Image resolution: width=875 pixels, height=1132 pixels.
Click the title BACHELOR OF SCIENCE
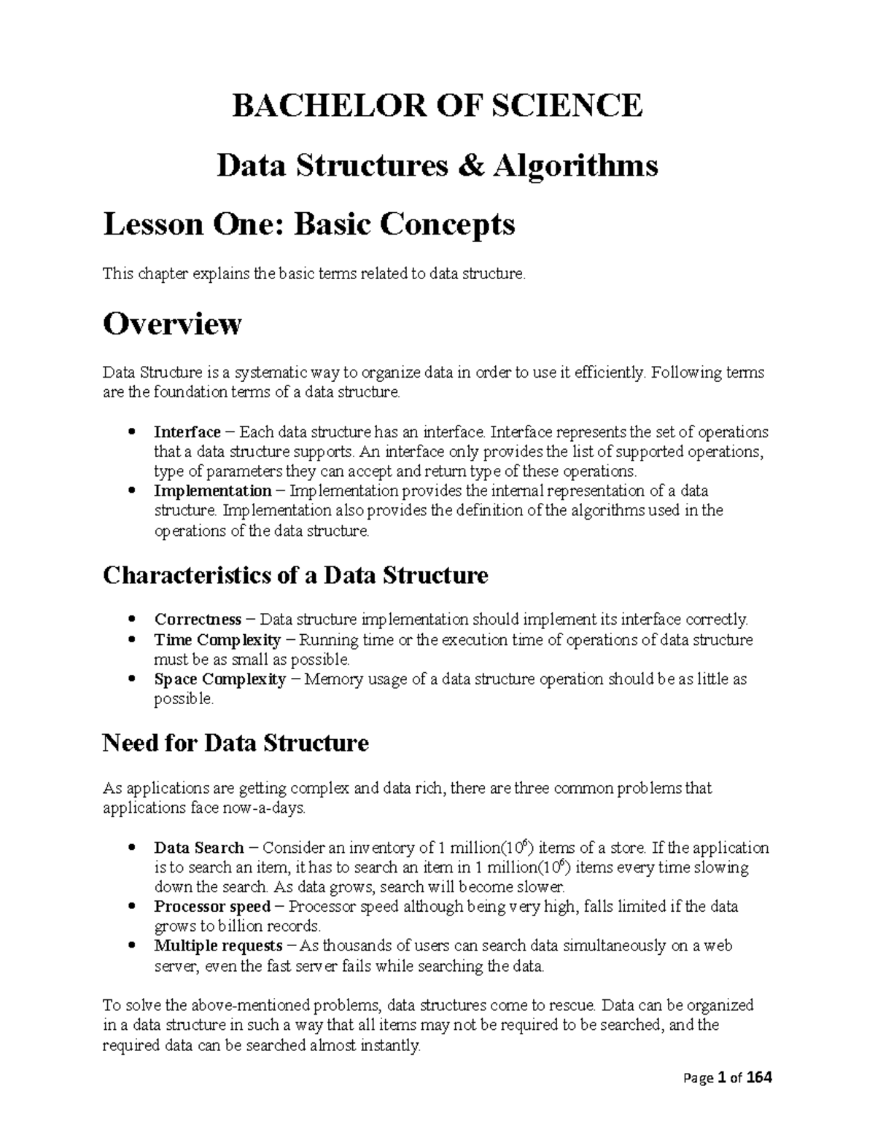tap(437, 106)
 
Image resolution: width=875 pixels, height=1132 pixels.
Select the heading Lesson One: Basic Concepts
tap(309, 225)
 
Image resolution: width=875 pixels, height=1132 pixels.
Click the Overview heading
tap(172, 324)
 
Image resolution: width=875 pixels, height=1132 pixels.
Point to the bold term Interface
tap(187, 432)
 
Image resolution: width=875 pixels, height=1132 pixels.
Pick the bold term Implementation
tap(212, 491)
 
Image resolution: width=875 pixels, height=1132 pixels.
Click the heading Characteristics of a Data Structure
tap(295, 576)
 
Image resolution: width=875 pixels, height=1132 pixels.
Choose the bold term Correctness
tap(198, 620)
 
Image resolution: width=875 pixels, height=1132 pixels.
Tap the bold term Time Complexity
tap(217, 640)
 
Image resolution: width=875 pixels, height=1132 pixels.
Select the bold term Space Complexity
tap(220, 679)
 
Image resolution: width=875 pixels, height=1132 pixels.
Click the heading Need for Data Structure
tap(236, 743)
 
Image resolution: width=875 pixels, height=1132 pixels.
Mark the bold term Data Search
tap(199, 848)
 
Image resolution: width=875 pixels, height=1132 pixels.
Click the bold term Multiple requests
tap(218, 946)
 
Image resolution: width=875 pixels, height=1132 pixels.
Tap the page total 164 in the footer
tap(758, 1078)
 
